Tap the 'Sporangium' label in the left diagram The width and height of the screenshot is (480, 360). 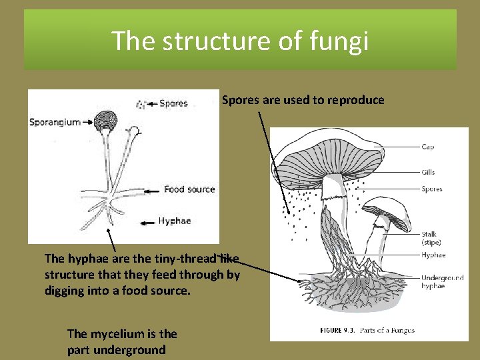tap(54, 122)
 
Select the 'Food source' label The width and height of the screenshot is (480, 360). tap(189, 189)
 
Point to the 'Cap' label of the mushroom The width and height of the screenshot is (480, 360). tap(427, 147)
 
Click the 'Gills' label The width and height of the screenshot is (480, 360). tap(428, 172)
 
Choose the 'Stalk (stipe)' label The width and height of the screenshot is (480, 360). tap(431, 238)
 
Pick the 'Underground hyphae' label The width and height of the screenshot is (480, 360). tap(442, 281)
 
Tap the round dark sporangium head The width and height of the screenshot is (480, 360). tap(105, 121)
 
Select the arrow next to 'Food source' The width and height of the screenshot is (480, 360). tap(153, 189)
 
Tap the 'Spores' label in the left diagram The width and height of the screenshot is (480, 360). tap(173, 103)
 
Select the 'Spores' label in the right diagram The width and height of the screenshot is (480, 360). tap(431, 189)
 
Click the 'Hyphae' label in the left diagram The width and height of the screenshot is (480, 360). tap(174, 221)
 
